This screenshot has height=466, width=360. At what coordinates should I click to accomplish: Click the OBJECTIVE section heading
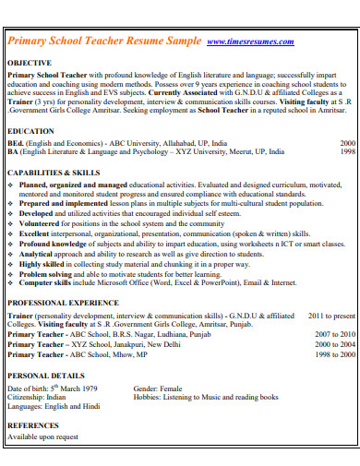click(x=30, y=62)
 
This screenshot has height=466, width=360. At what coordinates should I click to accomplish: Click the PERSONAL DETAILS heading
click(x=46, y=376)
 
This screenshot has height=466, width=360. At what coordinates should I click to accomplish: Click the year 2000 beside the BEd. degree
click(x=347, y=144)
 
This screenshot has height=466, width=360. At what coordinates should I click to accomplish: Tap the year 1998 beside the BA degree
click(x=347, y=153)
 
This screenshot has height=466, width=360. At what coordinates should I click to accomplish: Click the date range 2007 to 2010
click(x=335, y=334)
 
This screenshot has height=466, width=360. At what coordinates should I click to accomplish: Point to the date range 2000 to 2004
click(x=335, y=344)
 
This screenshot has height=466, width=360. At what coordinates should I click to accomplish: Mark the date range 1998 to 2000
click(x=335, y=354)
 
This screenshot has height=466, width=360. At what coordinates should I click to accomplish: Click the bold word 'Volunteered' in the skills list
click(x=42, y=223)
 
